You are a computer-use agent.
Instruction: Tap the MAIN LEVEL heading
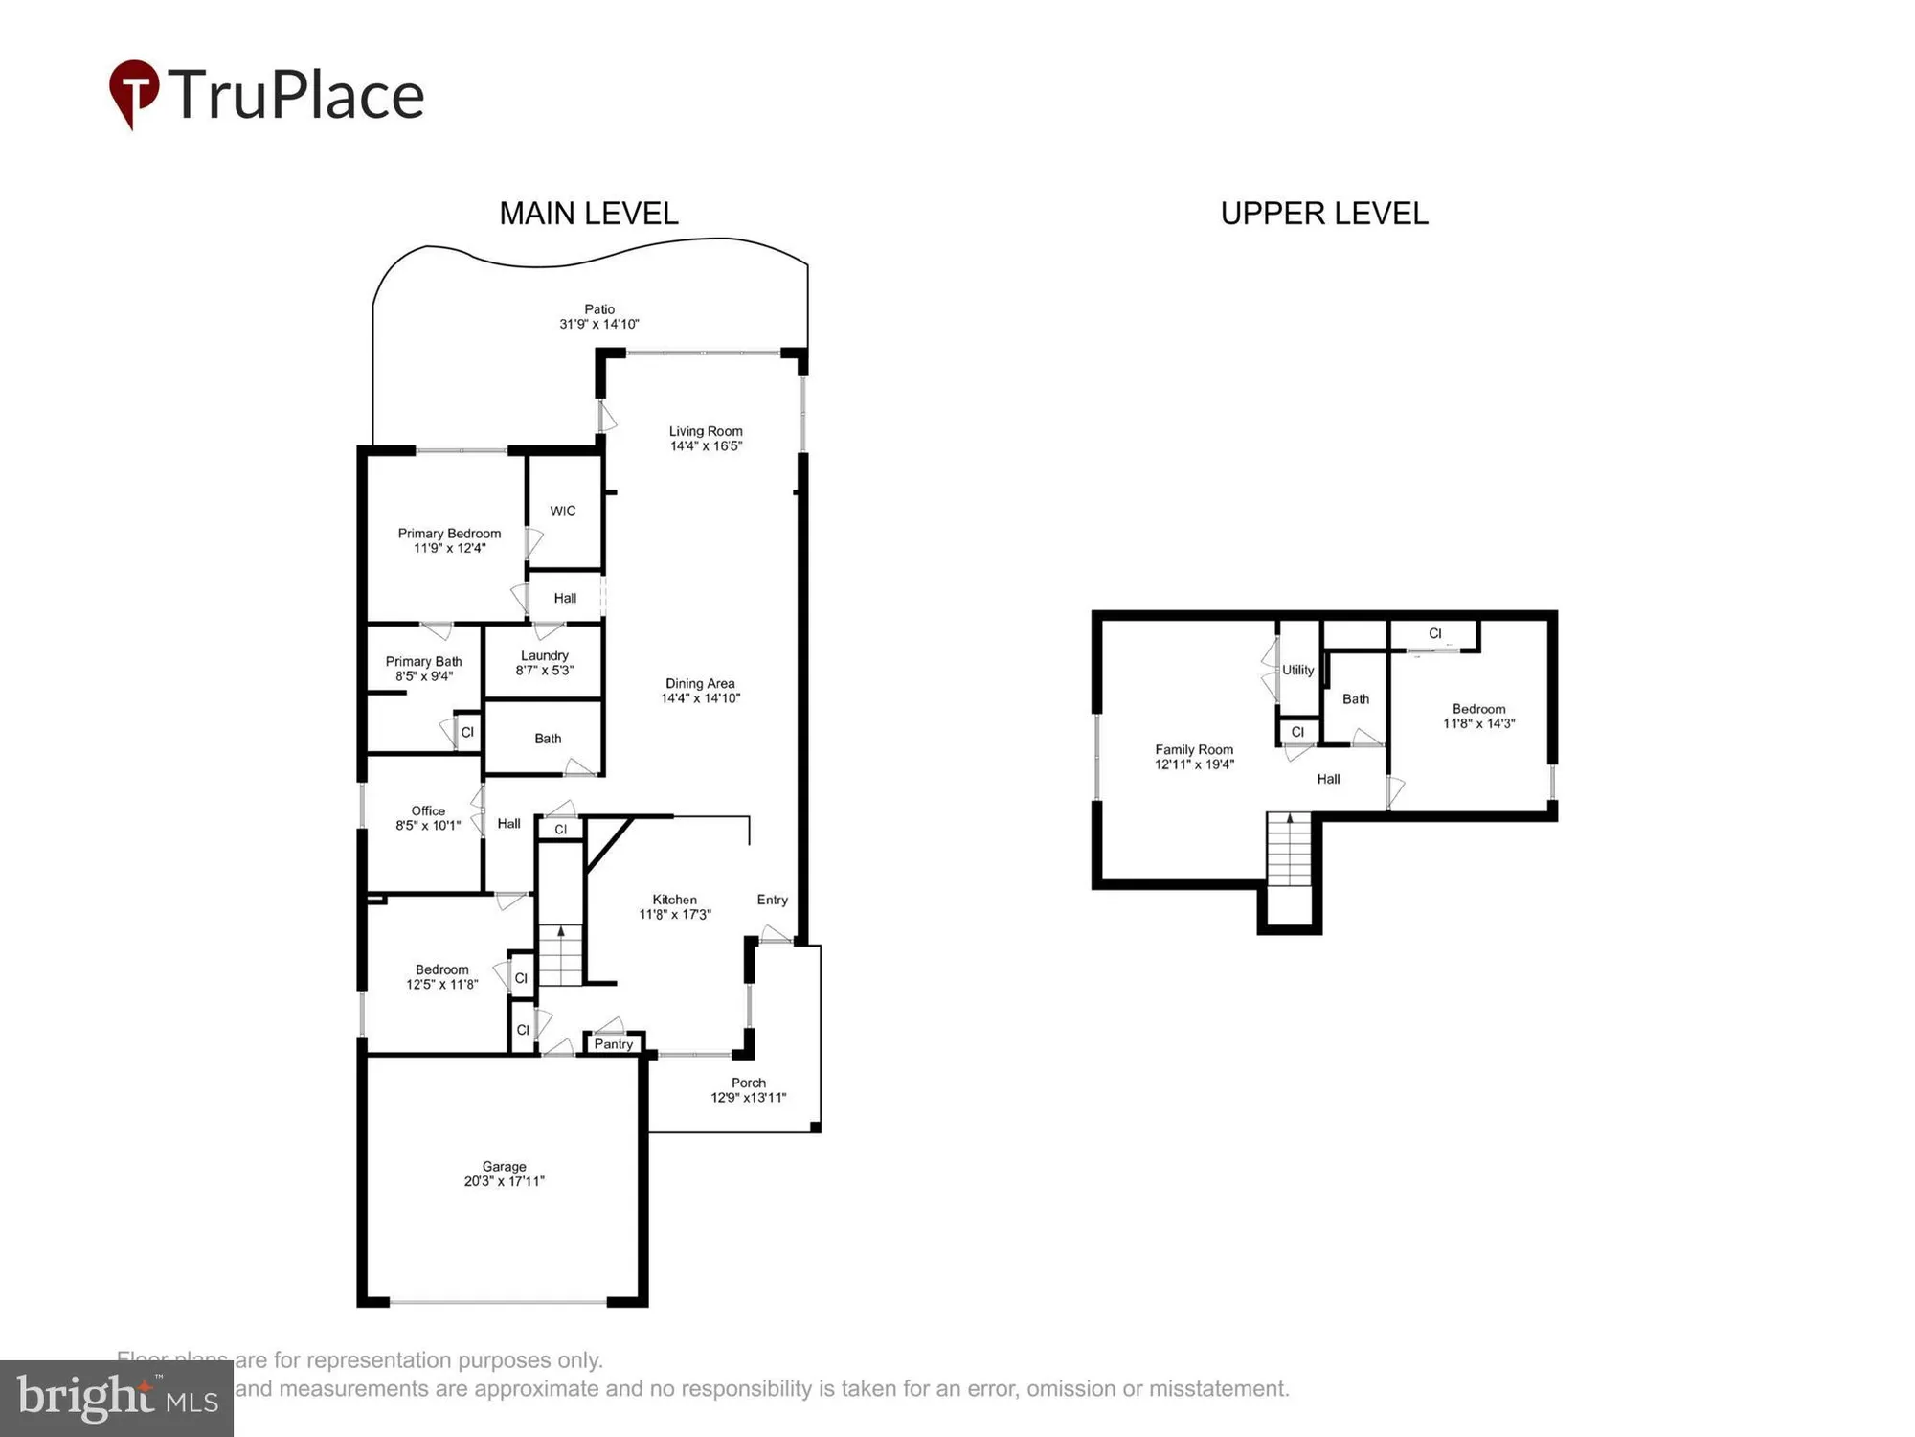[x=588, y=213]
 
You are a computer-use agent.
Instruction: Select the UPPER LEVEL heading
[x=1323, y=213]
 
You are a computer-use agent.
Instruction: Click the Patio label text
[x=599, y=309]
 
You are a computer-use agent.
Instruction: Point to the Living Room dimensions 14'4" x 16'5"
[x=706, y=446]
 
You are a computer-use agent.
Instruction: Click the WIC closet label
[x=563, y=511]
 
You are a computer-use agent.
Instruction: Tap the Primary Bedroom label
[x=449, y=534]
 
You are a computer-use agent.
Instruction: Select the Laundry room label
[x=544, y=655]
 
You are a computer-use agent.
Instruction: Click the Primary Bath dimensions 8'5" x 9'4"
[x=424, y=676]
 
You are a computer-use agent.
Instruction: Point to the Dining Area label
[x=700, y=683]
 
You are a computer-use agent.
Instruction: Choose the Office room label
[x=428, y=810]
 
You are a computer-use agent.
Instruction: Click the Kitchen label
[x=674, y=900]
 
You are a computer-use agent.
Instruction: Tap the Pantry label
[x=613, y=1044]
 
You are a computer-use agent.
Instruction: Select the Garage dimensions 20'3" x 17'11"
[x=504, y=1181]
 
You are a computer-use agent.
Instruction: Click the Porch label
[x=748, y=1083]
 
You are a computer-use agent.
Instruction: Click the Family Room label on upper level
[x=1193, y=749]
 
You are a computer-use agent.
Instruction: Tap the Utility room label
[x=1297, y=670]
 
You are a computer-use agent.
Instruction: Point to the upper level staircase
[x=1289, y=851]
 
